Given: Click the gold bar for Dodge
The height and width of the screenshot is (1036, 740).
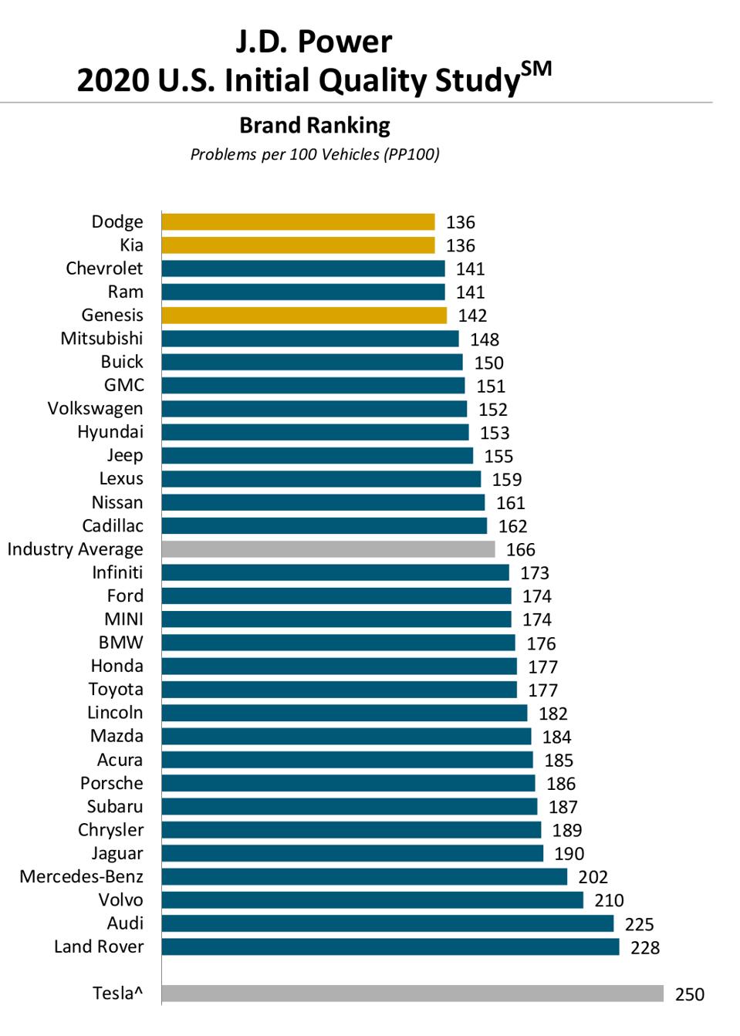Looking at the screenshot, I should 298,222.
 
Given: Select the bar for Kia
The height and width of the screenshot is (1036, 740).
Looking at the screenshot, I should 298,245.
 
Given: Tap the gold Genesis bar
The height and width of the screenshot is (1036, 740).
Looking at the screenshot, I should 304,316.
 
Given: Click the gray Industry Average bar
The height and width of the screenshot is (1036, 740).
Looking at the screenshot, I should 328,549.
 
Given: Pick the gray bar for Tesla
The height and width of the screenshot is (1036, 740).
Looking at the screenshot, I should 412,994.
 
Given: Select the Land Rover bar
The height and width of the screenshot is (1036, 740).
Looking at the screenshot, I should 390,947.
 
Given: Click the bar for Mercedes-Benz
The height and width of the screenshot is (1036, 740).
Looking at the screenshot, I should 364,877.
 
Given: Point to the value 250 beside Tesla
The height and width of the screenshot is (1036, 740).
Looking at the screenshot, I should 689,994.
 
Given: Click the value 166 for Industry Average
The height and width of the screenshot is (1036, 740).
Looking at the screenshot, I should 520,550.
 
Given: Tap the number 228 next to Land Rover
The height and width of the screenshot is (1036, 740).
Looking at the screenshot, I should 645,948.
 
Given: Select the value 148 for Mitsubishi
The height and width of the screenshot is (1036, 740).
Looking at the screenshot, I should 485,339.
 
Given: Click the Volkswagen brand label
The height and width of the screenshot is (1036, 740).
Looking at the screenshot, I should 95,409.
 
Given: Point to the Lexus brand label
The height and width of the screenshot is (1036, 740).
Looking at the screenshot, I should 121,479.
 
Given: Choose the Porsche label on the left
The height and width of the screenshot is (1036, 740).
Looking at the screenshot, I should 112,784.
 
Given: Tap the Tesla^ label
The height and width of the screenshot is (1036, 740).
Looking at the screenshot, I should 117,994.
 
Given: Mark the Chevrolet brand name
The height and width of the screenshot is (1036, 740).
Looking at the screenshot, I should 104,268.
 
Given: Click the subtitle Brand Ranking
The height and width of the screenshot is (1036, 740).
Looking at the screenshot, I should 314,125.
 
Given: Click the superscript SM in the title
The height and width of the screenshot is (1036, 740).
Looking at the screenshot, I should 536,69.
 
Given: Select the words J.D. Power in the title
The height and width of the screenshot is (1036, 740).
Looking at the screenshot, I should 313,42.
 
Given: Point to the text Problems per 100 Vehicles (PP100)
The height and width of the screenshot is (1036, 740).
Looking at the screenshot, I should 315,154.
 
